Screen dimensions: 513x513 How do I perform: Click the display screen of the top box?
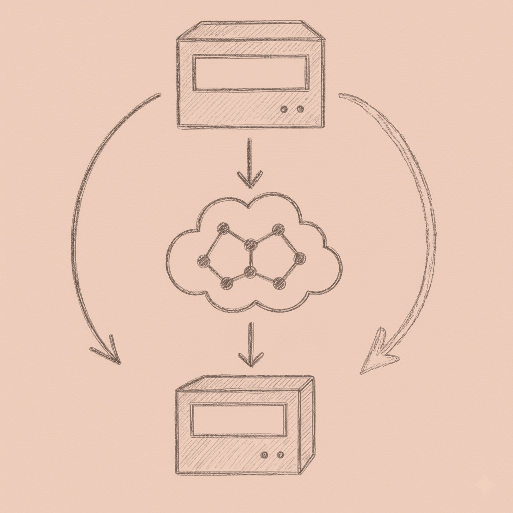click(250, 73)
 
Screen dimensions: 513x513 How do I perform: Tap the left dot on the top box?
click(285, 109)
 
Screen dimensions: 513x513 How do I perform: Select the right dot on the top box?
click(300, 109)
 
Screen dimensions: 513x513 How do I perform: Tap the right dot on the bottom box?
click(280, 455)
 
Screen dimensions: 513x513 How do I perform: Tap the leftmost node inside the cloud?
click(203, 260)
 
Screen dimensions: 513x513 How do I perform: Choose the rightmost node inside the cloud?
click(299, 259)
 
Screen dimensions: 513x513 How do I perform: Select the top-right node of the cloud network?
click(275, 231)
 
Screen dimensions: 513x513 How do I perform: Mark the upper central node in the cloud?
click(251, 245)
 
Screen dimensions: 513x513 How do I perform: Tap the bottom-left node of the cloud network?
click(227, 282)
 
